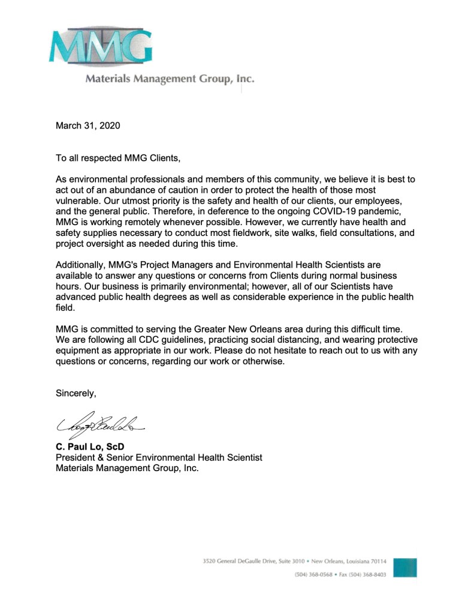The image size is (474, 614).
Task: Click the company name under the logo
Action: (x=170, y=79)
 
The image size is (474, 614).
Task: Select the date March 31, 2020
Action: (x=88, y=125)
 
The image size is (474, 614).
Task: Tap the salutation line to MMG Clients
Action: (x=117, y=158)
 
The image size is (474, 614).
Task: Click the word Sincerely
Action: (x=76, y=393)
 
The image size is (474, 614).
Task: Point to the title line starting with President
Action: (x=159, y=457)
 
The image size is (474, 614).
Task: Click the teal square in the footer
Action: (x=406, y=567)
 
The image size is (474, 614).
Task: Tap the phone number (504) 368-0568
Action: (x=315, y=574)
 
